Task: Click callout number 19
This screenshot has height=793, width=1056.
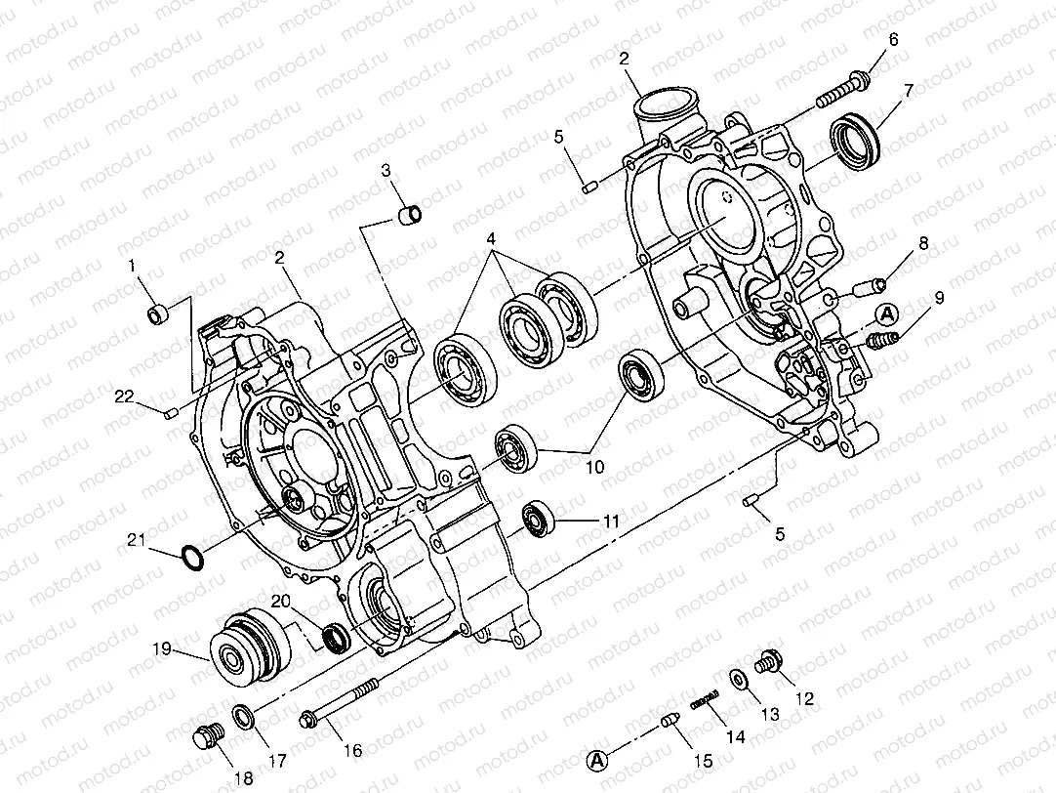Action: click(x=161, y=647)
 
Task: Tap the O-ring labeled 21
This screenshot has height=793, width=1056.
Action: click(x=193, y=558)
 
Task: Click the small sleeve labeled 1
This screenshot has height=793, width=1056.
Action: click(x=158, y=313)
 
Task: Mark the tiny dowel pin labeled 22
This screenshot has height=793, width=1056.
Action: click(x=171, y=413)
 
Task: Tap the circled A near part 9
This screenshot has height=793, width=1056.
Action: click(x=886, y=313)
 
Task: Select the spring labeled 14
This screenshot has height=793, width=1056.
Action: click(x=706, y=698)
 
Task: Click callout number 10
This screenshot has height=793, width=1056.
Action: click(x=594, y=467)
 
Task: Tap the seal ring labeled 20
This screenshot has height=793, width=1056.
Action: click(x=335, y=637)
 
